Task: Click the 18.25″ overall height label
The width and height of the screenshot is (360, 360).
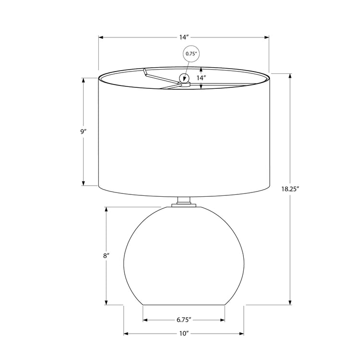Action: click(x=291, y=189)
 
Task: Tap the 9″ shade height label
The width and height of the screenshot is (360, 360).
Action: click(x=84, y=131)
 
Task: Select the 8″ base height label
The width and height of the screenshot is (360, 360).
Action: click(x=106, y=256)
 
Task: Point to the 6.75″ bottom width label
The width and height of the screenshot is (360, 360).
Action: click(x=184, y=320)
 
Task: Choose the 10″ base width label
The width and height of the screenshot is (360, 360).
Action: click(x=184, y=333)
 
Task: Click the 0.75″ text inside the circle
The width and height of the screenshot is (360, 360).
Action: click(x=191, y=54)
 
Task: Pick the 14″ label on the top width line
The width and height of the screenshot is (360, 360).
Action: click(x=184, y=36)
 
